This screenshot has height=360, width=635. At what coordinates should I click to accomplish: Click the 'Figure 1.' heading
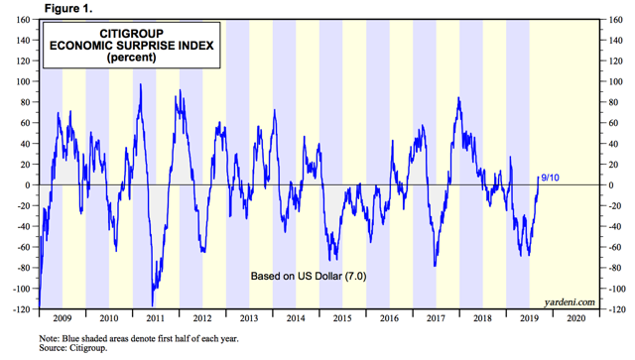pos(68,8)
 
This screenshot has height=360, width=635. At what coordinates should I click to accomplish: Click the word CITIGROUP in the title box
pos(132,34)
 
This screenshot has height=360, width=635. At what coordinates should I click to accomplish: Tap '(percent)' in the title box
pos(132,58)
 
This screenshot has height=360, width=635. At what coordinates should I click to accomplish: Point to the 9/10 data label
pos(550,178)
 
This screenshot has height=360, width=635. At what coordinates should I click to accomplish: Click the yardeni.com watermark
pos(570,302)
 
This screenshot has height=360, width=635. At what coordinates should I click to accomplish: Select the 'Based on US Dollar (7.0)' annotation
pos(309,276)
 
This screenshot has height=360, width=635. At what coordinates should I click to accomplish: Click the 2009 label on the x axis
pos(63,318)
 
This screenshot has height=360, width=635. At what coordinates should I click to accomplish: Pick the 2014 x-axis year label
pos(296,318)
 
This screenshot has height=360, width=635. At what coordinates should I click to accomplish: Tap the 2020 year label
pos(575,318)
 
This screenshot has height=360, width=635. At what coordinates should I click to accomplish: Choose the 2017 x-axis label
pos(436,318)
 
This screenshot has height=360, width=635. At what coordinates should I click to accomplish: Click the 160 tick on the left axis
pos(23,20)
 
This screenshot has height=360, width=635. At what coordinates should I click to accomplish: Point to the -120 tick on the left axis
pos(22,309)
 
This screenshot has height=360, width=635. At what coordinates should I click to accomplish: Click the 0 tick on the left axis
pos(28,185)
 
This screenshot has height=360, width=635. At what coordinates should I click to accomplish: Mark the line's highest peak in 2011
pos(141,84)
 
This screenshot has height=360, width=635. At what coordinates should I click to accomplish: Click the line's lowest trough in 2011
pos(152,306)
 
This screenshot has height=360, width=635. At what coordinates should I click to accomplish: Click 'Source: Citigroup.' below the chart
pos(73,348)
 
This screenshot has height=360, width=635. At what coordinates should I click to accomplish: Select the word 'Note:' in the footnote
pos(49,338)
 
